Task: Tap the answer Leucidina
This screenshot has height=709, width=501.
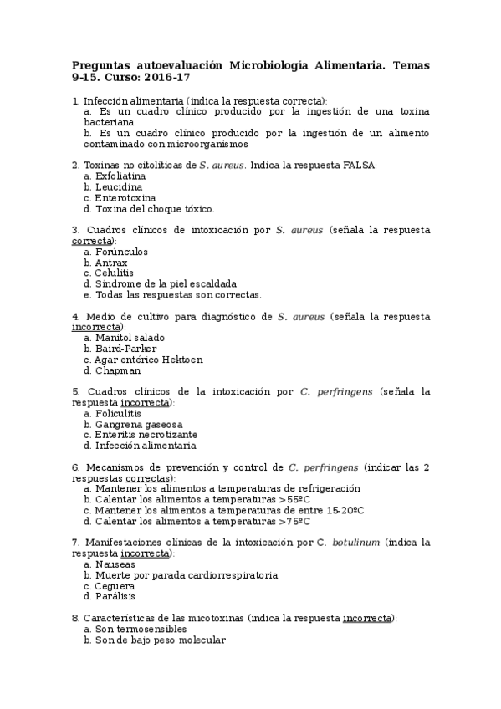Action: (x=118, y=187)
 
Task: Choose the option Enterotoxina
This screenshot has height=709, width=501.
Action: (x=125, y=198)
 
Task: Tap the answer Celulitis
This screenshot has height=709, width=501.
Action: (x=115, y=273)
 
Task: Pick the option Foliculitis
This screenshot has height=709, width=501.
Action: (x=121, y=413)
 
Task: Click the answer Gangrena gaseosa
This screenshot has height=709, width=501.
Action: (x=138, y=424)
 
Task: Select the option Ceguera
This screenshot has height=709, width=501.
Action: (x=115, y=585)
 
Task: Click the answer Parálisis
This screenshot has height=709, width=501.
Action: (x=115, y=596)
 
